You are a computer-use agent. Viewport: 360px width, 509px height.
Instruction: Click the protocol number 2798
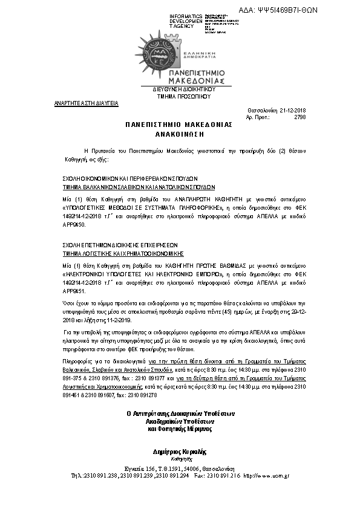coord(299,117)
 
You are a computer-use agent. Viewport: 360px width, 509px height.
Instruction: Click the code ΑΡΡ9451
coord(75,290)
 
